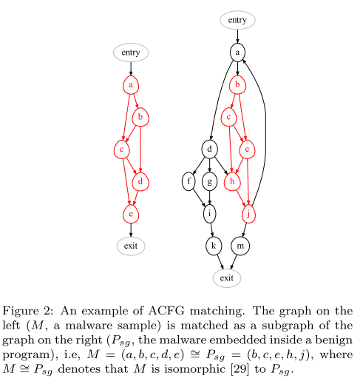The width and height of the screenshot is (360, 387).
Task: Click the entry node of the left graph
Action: tap(131, 53)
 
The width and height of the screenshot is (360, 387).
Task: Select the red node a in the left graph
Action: tap(131, 85)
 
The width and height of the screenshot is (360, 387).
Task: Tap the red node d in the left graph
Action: tap(140, 181)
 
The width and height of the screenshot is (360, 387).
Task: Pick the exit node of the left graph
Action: tap(131, 246)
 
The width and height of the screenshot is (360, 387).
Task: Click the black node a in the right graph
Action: tap(237, 53)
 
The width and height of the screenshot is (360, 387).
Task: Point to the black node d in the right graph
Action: tap(210, 149)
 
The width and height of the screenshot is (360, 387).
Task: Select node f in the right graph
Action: tap(189, 181)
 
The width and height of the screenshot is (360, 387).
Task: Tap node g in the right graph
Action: tap(210, 181)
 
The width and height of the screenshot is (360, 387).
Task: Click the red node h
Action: tap(232, 181)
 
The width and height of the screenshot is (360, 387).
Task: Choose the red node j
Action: tap(248, 214)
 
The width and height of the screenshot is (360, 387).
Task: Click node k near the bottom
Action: tap(214, 246)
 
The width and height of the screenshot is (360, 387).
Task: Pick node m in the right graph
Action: tap(240, 246)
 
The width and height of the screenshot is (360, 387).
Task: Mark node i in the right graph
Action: tap(210, 214)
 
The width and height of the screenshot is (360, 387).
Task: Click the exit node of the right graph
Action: tap(227, 278)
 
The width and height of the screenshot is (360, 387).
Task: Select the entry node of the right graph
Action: tap(237, 20)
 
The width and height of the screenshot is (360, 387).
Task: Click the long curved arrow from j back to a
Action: tap(265, 124)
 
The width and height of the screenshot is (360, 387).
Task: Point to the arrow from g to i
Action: tap(210, 198)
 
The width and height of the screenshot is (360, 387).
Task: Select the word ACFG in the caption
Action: tap(166, 311)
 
